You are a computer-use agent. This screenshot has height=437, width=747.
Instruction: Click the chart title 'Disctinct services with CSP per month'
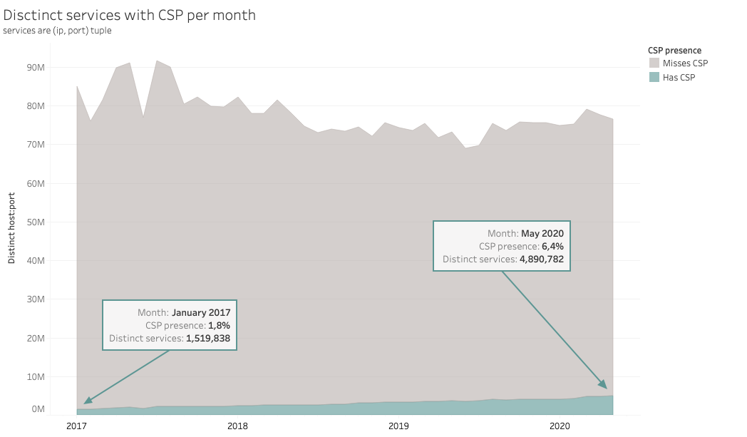(x=129, y=15)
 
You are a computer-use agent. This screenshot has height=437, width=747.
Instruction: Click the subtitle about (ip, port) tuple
(x=57, y=31)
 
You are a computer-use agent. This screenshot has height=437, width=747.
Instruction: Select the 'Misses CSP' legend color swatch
(x=654, y=63)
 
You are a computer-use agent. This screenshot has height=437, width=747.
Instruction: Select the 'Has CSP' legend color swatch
(x=654, y=77)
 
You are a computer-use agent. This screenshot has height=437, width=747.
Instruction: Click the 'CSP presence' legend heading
(x=674, y=51)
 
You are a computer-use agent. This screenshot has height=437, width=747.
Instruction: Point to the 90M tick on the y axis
(x=36, y=67)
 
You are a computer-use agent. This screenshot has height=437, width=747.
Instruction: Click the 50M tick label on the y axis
(x=36, y=222)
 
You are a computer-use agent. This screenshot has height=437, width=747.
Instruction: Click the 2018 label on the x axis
(x=237, y=426)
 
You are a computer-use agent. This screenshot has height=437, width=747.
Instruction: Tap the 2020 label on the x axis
(x=560, y=426)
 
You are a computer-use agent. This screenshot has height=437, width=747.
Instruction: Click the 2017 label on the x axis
(x=76, y=426)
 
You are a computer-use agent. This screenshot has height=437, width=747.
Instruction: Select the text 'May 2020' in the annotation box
(x=542, y=233)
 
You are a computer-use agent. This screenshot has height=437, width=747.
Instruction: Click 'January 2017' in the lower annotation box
(x=201, y=312)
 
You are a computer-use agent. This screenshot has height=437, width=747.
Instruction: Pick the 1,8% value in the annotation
(x=219, y=325)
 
